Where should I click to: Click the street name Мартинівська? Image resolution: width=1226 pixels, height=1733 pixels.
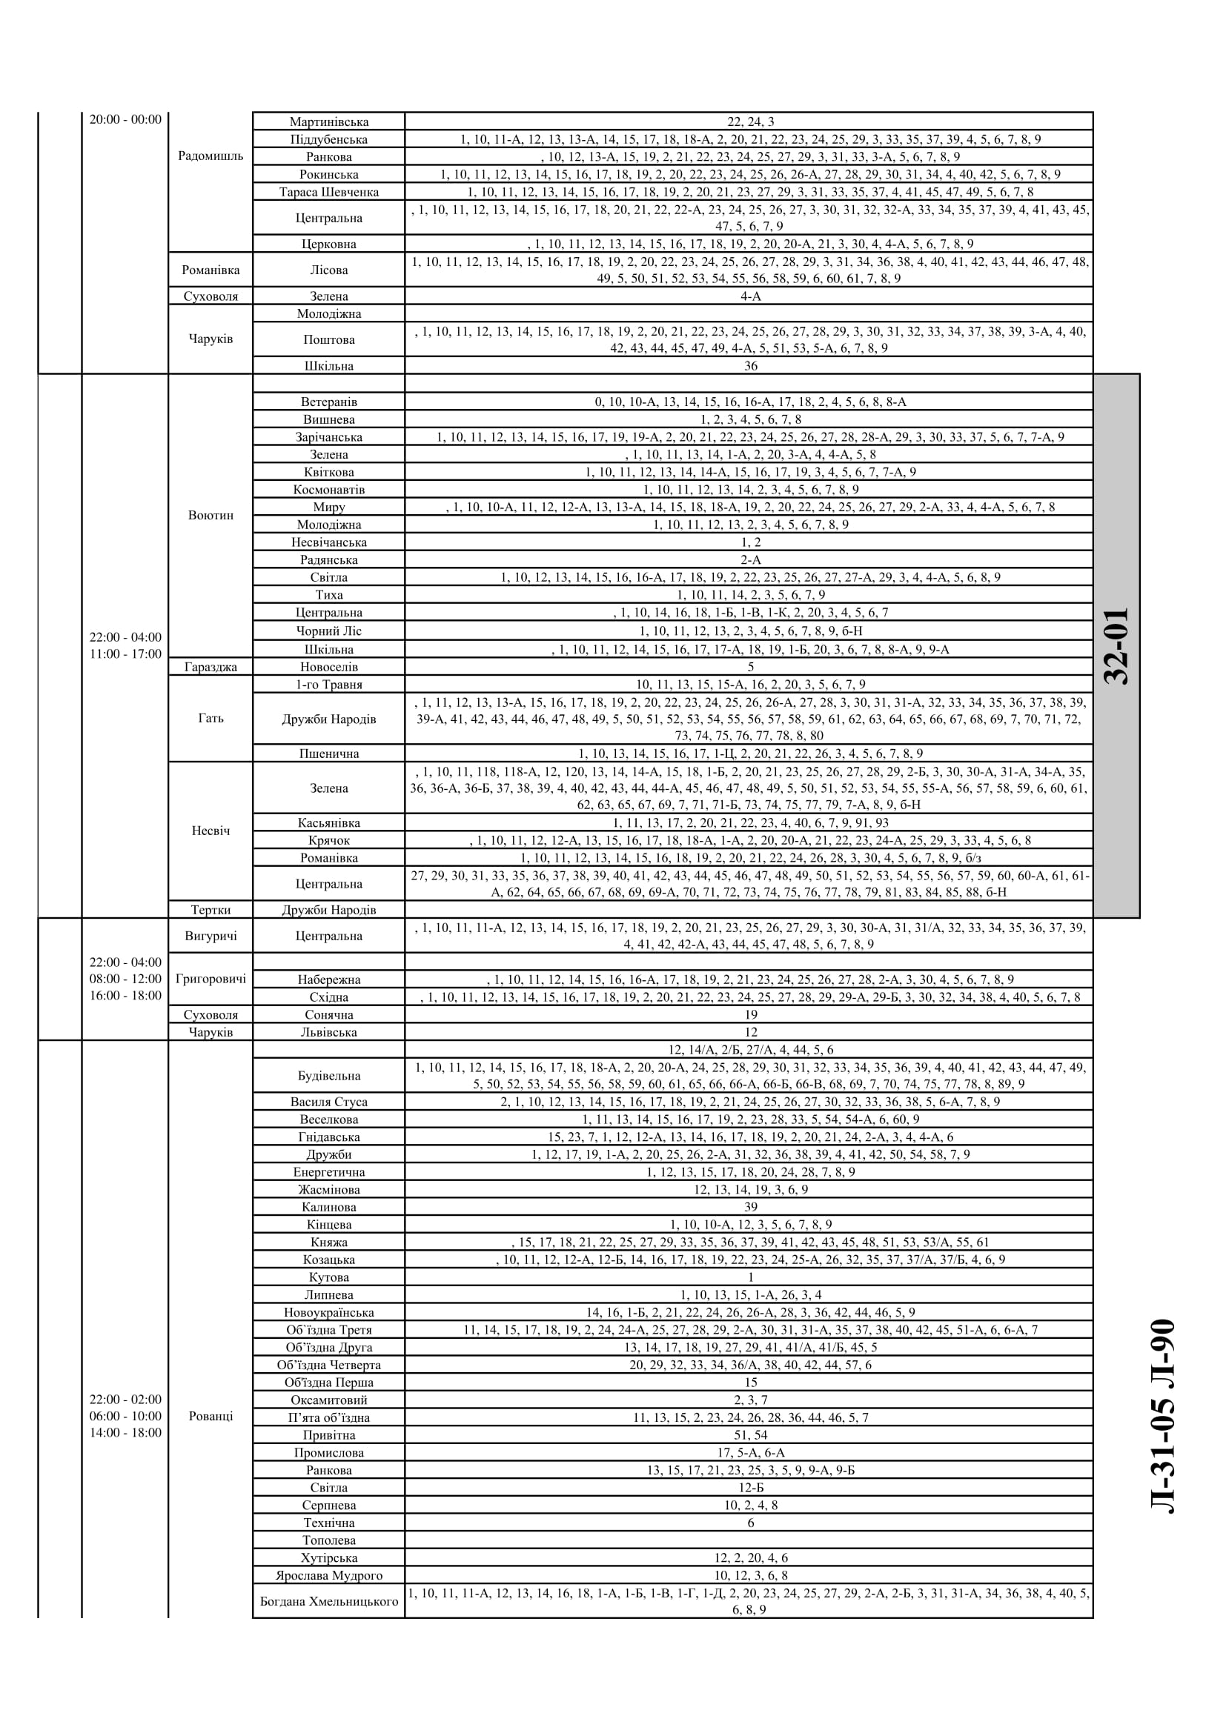click(x=328, y=122)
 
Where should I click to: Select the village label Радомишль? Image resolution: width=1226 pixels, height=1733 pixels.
click(x=211, y=156)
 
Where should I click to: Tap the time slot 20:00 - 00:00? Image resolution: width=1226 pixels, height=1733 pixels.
click(x=125, y=119)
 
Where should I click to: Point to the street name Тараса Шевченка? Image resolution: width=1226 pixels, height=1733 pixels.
click(x=328, y=192)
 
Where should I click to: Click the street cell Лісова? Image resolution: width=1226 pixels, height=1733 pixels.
click(x=328, y=270)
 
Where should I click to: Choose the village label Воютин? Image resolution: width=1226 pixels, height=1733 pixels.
click(x=211, y=516)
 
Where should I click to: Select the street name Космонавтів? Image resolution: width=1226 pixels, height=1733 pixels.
click(x=328, y=489)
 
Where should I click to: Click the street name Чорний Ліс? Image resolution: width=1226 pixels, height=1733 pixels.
click(x=328, y=631)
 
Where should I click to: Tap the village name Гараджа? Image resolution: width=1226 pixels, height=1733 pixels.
click(x=211, y=667)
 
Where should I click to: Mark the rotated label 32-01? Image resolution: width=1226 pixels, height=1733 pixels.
click(x=1116, y=645)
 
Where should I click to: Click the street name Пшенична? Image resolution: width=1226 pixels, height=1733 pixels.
click(x=328, y=754)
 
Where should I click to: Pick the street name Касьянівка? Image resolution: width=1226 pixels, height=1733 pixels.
click(x=328, y=822)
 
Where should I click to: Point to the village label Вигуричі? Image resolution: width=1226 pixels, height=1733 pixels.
click(x=211, y=936)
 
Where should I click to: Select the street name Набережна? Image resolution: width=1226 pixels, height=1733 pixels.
click(x=328, y=979)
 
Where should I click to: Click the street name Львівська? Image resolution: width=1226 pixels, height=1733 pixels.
click(x=328, y=1032)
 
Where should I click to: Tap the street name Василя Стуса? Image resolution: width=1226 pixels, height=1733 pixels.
click(x=328, y=1101)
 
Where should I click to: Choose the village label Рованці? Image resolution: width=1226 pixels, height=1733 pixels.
click(x=211, y=1416)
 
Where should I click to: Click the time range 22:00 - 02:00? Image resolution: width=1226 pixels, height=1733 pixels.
click(x=125, y=1400)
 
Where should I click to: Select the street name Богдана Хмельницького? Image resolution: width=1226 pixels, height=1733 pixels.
click(x=328, y=1601)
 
